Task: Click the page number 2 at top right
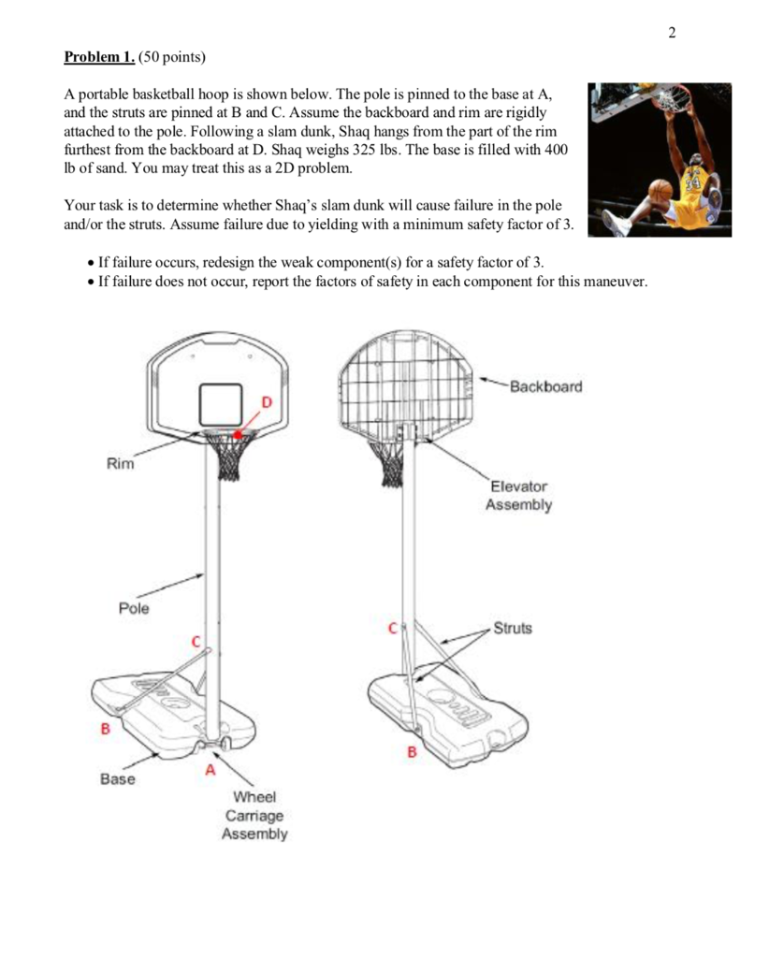click(x=672, y=35)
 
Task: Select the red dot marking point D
click(x=238, y=434)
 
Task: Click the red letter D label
click(x=266, y=402)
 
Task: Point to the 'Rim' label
click(x=120, y=464)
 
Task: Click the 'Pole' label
click(x=134, y=609)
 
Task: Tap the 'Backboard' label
click(x=545, y=386)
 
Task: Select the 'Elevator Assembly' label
click(x=518, y=496)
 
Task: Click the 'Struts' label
click(x=512, y=628)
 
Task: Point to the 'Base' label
click(x=118, y=778)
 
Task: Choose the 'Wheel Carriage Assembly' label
click(x=254, y=815)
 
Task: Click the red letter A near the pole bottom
click(x=210, y=770)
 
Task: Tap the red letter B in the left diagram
click(x=106, y=728)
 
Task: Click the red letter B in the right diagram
click(x=410, y=751)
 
